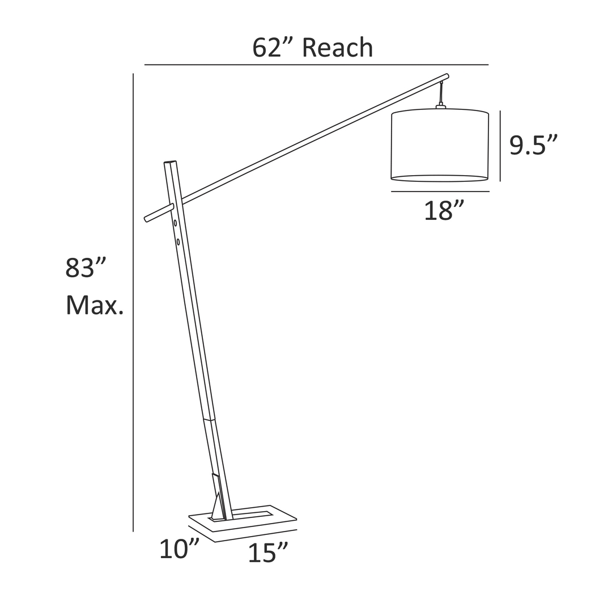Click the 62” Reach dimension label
(x=312, y=48)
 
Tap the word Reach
(x=337, y=48)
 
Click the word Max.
(x=94, y=306)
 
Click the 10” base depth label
(x=179, y=550)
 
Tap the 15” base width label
(x=268, y=552)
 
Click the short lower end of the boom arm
(x=148, y=218)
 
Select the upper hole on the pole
(x=175, y=223)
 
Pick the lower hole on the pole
(x=178, y=242)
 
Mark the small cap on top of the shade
(x=440, y=105)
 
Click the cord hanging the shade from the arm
(x=440, y=92)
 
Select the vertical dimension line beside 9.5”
(x=500, y=146)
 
